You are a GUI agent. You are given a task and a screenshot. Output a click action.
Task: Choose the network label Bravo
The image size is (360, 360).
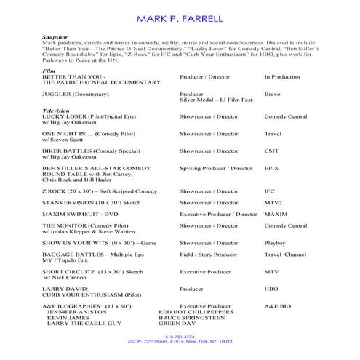click(273, 95)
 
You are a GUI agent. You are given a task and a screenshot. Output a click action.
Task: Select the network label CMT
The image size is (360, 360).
click(271, 151)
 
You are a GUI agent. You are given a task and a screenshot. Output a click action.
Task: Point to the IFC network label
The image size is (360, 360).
click(270, 191)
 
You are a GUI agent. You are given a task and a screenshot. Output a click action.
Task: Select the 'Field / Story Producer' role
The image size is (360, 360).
click(209, 255)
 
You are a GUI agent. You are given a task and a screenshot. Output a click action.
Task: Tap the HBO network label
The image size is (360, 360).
click(271, 289)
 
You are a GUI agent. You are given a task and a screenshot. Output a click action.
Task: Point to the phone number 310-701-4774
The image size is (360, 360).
click(180, 337)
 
